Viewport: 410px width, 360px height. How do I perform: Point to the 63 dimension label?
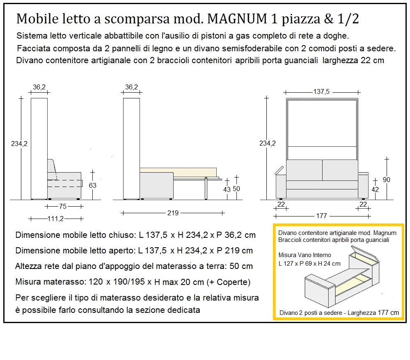pos(93,185)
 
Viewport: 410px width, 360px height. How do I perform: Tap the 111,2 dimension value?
pos(56,219)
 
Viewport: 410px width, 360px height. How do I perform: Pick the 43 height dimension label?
pos(227,189)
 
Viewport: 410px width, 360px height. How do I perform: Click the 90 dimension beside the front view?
pos(387,180)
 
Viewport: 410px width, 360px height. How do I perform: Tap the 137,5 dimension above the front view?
pos(321,92)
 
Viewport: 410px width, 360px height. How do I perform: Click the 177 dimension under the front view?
pos(321,216)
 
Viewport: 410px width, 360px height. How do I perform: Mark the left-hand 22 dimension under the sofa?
pos(281,204)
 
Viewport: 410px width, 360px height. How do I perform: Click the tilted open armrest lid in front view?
pos(280,170)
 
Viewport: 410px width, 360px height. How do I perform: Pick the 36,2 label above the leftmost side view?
pos(39,87)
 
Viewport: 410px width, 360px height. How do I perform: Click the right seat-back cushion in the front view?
pos(339,170)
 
